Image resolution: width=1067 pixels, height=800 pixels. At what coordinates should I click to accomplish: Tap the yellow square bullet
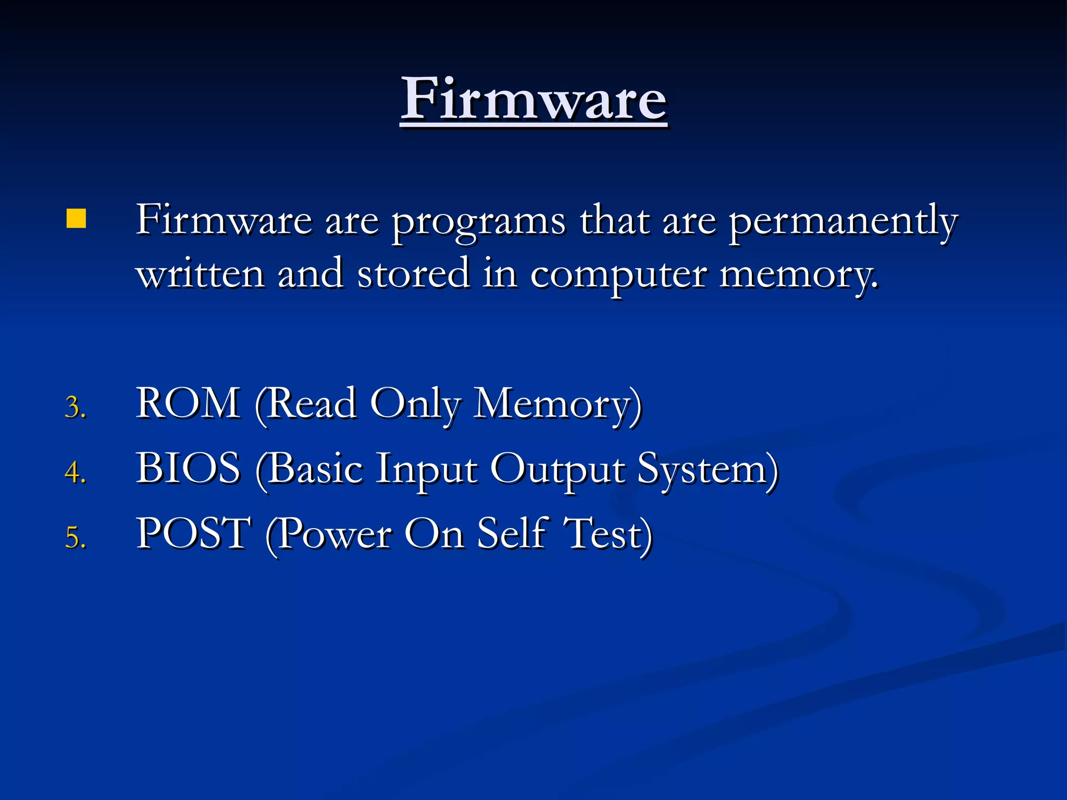76,219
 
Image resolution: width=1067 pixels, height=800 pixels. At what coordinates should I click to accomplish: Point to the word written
200,273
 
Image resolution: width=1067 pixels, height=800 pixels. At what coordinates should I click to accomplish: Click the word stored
413,273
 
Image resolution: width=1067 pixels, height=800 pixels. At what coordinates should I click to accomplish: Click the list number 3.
75,407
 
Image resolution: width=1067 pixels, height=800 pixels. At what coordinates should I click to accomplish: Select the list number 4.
75,472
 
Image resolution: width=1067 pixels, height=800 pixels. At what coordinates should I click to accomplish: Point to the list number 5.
75,537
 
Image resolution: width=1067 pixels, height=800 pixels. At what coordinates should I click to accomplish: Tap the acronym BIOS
188,468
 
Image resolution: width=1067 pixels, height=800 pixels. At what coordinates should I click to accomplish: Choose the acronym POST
193,533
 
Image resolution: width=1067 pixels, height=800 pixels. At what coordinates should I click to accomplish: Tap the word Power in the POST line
333,534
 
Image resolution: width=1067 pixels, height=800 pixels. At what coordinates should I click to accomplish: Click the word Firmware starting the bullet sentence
224,220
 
